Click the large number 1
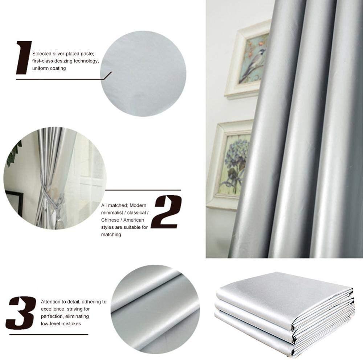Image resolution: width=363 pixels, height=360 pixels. (x=24, y=58)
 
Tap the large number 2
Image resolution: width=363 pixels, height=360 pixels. (x=166, y=212)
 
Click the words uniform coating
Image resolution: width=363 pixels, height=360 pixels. (x=49, y=69)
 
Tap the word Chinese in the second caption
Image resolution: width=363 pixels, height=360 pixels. (x=111, y=220)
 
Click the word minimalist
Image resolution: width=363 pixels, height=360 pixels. (x=112, y=213)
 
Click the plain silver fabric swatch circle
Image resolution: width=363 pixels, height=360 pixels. (x=143, y=74)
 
